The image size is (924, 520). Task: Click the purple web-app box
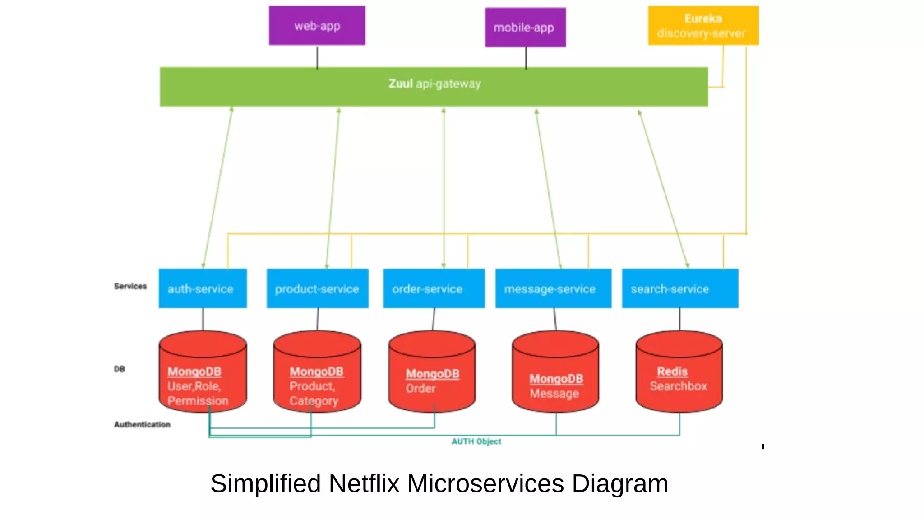[317, 26]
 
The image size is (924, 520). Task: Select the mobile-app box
[525, 28]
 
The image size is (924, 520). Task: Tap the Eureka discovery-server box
[703, 26]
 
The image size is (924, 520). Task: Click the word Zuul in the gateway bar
[400, 84]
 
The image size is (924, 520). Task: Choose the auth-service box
[203, 288]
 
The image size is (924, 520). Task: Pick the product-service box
[317, 288]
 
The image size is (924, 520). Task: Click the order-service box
[434, 288]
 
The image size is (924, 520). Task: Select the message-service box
[553, 288]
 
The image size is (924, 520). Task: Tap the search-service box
[679, 288]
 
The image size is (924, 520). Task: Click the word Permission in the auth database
[198, 401]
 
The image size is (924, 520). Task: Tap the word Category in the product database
[314, 401]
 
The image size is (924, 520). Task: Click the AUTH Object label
[476, 441]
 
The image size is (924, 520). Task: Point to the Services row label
[130, 286]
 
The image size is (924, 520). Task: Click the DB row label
[119, 369]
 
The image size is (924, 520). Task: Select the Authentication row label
[142, 424]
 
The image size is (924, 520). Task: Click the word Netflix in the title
[364, 483]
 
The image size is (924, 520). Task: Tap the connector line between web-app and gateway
[317, 57]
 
